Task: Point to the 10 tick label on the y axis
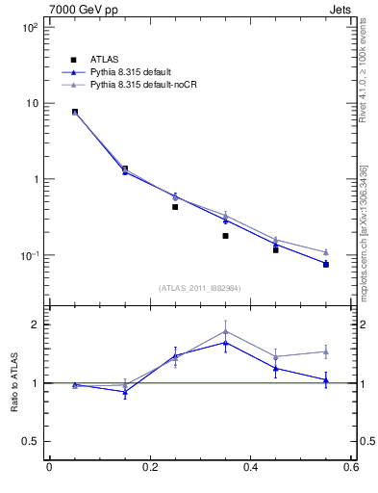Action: [30, 104]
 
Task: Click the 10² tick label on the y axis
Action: [29, 28]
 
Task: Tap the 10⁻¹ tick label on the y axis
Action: [28, 256]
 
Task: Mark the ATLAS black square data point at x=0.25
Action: [175, 207]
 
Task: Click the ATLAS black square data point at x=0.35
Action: [225, 236]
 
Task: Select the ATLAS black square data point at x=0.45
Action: [275, 249]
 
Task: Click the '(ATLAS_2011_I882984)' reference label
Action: [199, 288]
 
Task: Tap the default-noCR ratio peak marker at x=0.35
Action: [225, 331]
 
